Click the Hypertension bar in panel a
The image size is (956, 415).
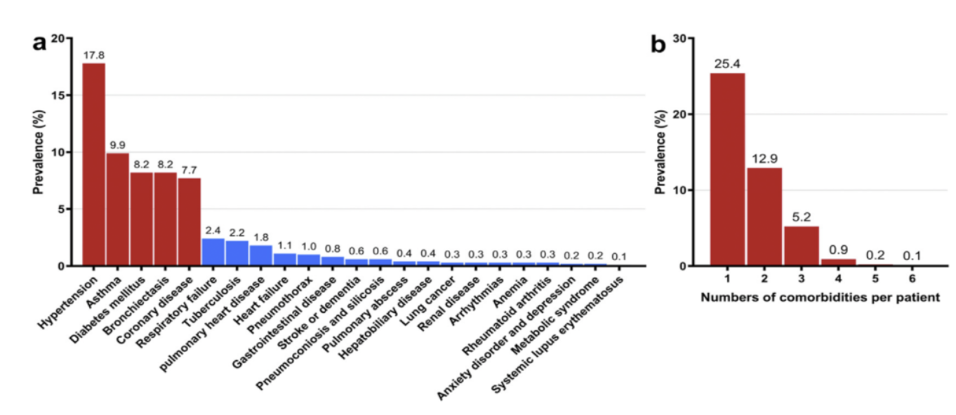click(94, 165)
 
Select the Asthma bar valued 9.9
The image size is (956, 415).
click(118, 209)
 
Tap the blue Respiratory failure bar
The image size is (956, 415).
click(213, 252)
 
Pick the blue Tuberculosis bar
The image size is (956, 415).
click(237, 253)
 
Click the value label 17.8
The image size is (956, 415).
click(94, 55)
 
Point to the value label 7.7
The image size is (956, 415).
click(189, 170)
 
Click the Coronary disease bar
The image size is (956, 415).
click(189, 222)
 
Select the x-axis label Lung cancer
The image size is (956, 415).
click(428, 301)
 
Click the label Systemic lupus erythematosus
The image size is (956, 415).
click(557, 334)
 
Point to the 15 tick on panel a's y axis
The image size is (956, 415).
click(60, 95)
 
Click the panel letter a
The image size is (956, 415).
click(39, 43)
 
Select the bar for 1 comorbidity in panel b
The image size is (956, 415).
click(727, 170)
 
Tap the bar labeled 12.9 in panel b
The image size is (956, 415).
click(764, 217)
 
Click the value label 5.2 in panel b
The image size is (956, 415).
click(801, 217)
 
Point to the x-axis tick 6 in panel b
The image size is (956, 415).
click(912, 279)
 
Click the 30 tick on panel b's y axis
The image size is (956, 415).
click(680, 39)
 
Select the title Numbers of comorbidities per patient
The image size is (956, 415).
click(820, 297)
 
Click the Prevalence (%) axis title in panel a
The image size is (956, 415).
click(39, 152)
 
